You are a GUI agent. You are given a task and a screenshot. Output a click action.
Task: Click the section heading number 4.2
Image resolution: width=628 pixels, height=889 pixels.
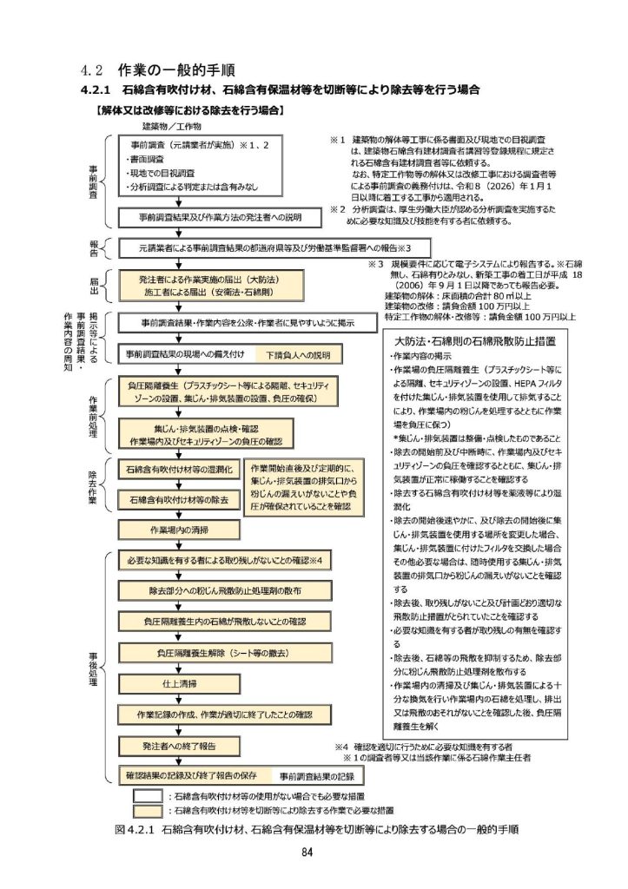tap(91, 69)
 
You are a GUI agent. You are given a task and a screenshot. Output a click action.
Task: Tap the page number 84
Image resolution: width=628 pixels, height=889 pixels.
tap(307, 852)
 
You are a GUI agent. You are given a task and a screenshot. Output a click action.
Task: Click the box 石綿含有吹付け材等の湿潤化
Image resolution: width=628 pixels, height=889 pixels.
tap(176, 470)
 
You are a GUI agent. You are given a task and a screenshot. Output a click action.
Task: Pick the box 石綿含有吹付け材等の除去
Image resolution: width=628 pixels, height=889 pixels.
tap(176, 500)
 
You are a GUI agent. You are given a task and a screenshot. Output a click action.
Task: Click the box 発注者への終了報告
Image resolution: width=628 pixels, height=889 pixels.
tap(178, 746)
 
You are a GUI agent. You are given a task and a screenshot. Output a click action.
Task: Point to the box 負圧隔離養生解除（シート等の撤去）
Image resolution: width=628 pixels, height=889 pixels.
tap(224, 653)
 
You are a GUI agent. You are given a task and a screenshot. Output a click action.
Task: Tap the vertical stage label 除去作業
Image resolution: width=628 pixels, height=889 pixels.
tap(93, 487)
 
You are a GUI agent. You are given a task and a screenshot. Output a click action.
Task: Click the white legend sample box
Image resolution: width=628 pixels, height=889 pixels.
tap(149, 794)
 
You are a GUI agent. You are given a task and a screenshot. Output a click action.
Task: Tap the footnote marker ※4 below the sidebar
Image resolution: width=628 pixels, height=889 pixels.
tap(340, 746)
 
